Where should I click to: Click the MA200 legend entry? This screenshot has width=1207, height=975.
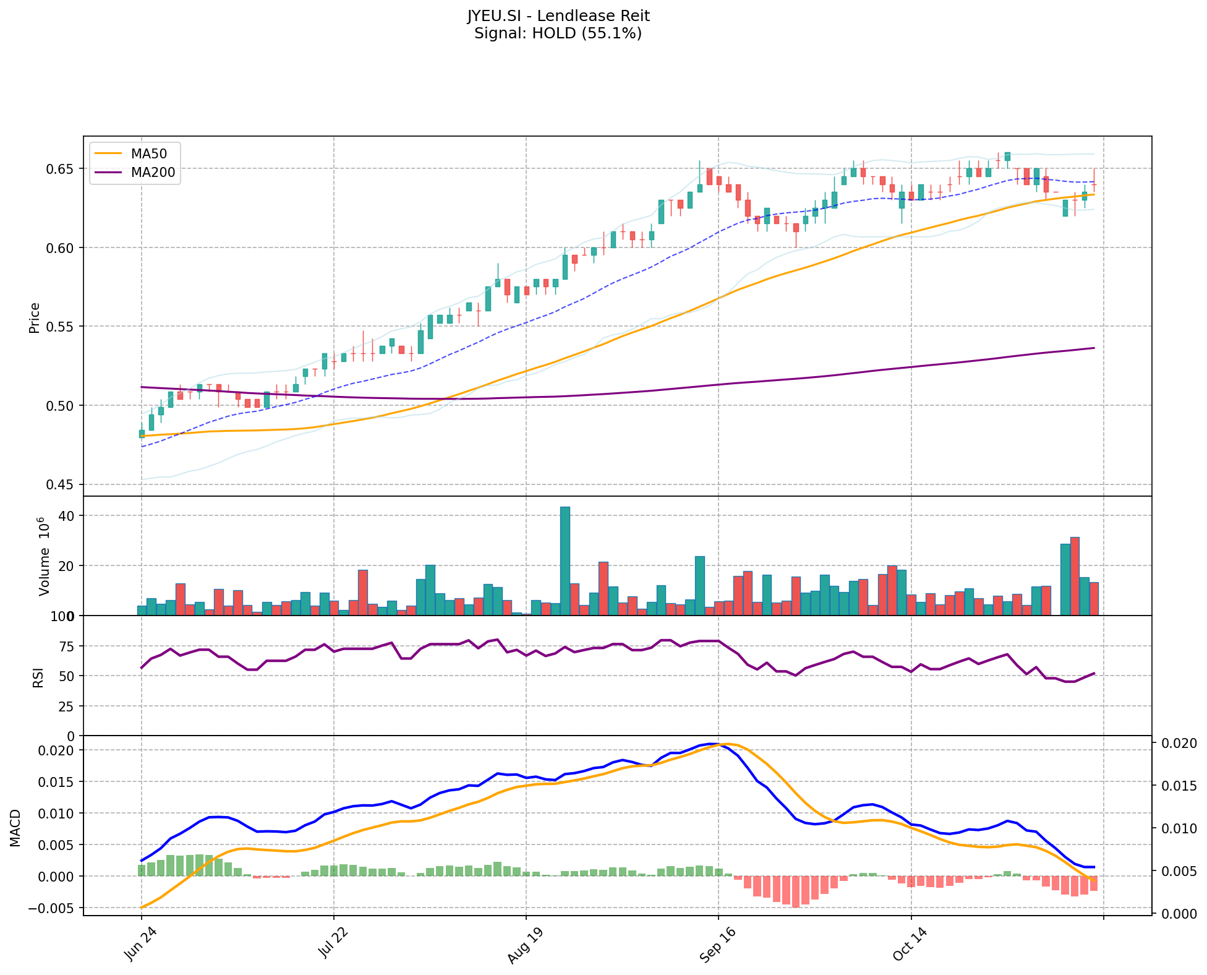pos(153,173)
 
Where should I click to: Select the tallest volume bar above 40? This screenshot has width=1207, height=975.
pos(565,561)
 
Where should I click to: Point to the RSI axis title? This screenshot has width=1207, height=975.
pos(38,677)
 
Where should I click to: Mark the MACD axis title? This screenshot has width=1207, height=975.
pos(15,828)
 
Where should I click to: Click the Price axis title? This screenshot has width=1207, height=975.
pos(35,317)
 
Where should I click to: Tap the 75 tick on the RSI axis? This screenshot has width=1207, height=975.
pos(66,646)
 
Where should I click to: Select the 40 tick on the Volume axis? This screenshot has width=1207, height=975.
pos(67,516)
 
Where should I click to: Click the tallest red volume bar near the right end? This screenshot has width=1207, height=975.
pos(1075,576)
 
